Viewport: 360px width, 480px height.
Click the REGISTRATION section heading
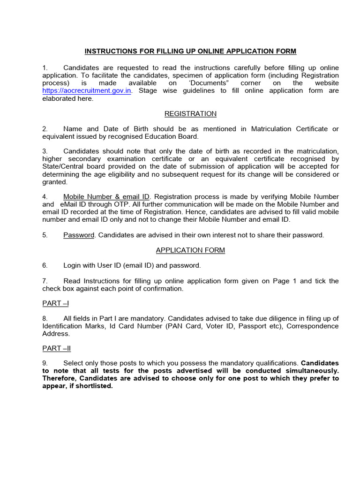click(x=190, y=114)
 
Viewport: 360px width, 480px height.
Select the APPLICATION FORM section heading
click(x=190, y=250)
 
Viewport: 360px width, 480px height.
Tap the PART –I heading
click(x=55, y=303)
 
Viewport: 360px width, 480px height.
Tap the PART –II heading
click(x=56, y=348)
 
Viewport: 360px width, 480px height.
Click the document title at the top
click(x=190, y=51)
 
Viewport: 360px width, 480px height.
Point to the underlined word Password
click(x=79, y=235)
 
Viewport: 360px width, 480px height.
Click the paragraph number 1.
click(x=45, y=68)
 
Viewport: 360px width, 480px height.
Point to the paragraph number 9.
click(x=45, y=363)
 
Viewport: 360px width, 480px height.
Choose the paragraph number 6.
click(x=45, y=265)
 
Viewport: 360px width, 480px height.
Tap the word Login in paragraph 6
click(x=72, y=265)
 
